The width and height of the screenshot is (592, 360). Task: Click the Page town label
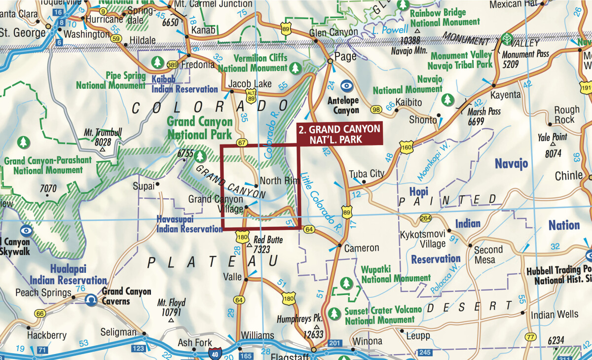pos(345,56)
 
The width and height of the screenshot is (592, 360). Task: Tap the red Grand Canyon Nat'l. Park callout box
pos(339,134)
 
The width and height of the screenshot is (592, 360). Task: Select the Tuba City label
pos(366,174)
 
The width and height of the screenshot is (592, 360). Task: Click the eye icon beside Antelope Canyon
pos(347,85)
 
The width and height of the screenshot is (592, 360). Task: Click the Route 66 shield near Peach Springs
pos(39,313)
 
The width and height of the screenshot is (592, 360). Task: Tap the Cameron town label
pos(362,248)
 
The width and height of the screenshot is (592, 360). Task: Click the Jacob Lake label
pos(250,84)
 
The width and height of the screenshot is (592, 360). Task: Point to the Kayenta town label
pos(505,94)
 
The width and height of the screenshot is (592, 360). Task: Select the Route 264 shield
pos(425,218)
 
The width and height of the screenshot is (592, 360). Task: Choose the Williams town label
pos(258,336)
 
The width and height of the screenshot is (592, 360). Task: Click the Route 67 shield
pos(242,143)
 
